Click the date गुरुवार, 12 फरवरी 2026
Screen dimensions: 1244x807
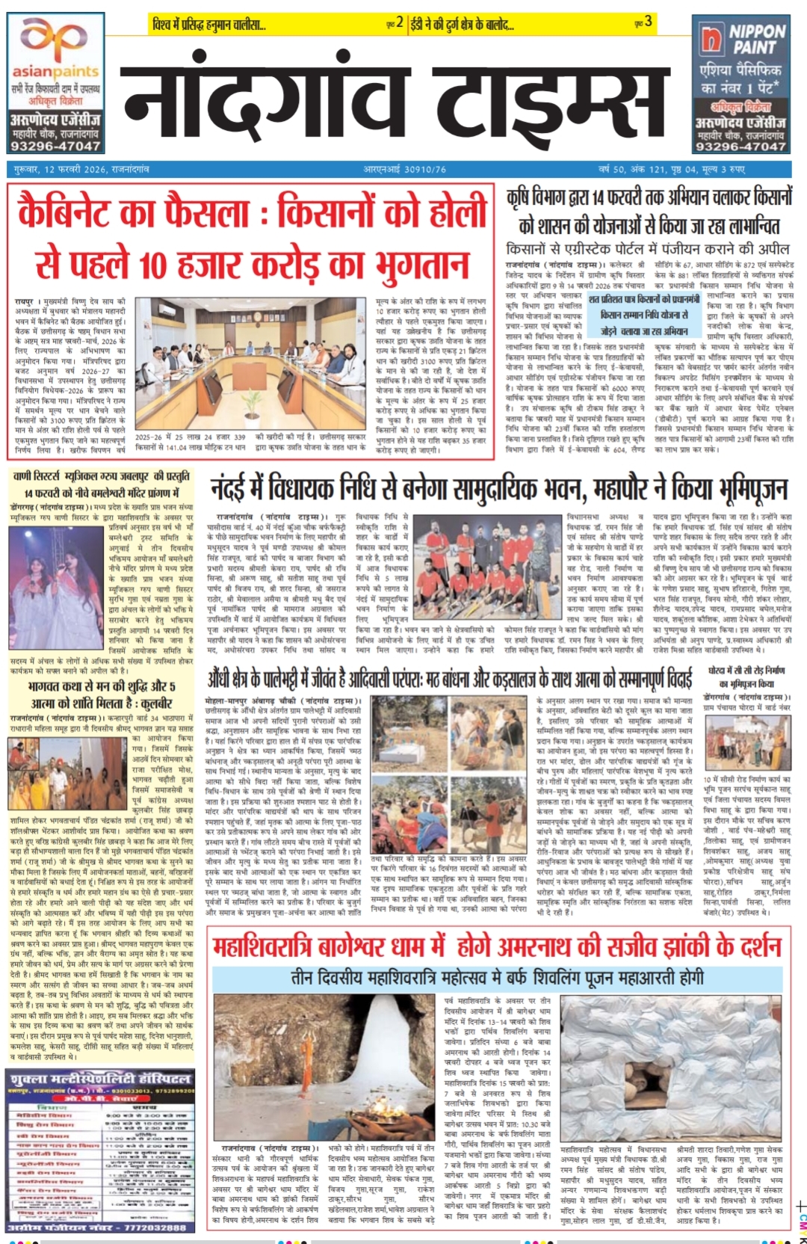81,170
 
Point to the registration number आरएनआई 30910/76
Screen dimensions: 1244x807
404,170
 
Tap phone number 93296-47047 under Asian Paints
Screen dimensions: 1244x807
55,147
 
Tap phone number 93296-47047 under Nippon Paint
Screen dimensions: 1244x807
740,147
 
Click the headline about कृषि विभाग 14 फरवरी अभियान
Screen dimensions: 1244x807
649,212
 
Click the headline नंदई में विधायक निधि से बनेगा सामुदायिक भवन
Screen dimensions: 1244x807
498,490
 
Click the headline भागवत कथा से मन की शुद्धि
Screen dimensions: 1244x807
101,695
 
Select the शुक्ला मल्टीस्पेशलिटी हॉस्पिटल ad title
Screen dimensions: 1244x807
100,1079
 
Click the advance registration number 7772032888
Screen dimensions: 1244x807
100,1227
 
